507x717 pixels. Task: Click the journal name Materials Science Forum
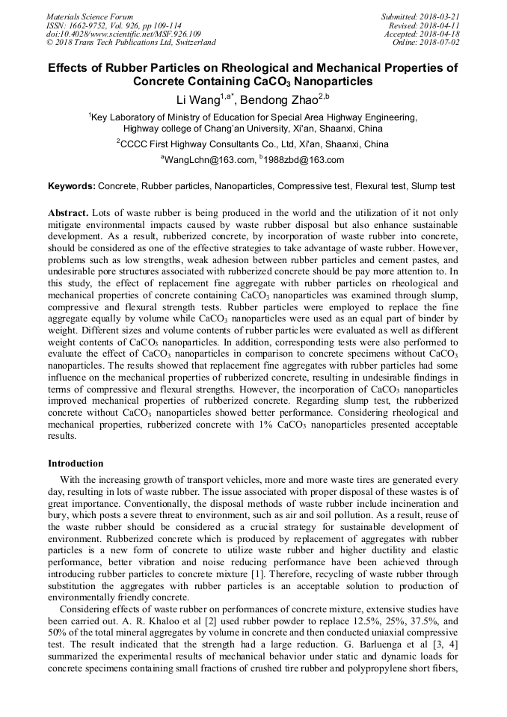pyautogui.click(x=90, y=16)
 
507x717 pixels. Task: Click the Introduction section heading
pyautogui.click(x=76, y=464)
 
